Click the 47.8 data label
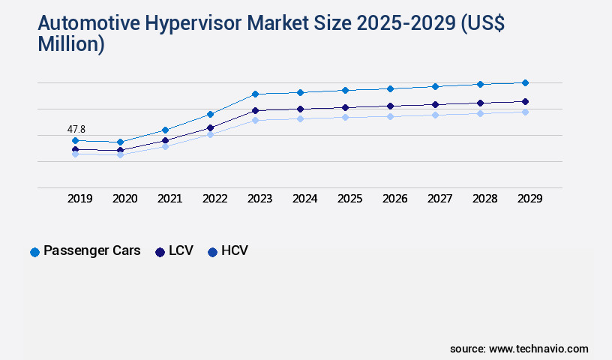(76, 130)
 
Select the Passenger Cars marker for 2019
(75, 140)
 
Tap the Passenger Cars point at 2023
(255, 94)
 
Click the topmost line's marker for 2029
(525, 82)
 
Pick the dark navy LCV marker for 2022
(210, 127)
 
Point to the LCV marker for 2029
(525, 101)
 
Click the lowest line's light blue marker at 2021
(165, 146)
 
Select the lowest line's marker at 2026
(390, 116)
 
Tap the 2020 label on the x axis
(125, 199)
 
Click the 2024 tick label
(305, 199)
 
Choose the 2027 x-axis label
(440, 199)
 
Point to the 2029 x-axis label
(530, 199)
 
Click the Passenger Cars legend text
(92, 250)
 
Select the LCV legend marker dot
(160, 252)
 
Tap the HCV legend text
(234, 250)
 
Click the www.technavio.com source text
(538, 349)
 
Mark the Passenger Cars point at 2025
(345, 90)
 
